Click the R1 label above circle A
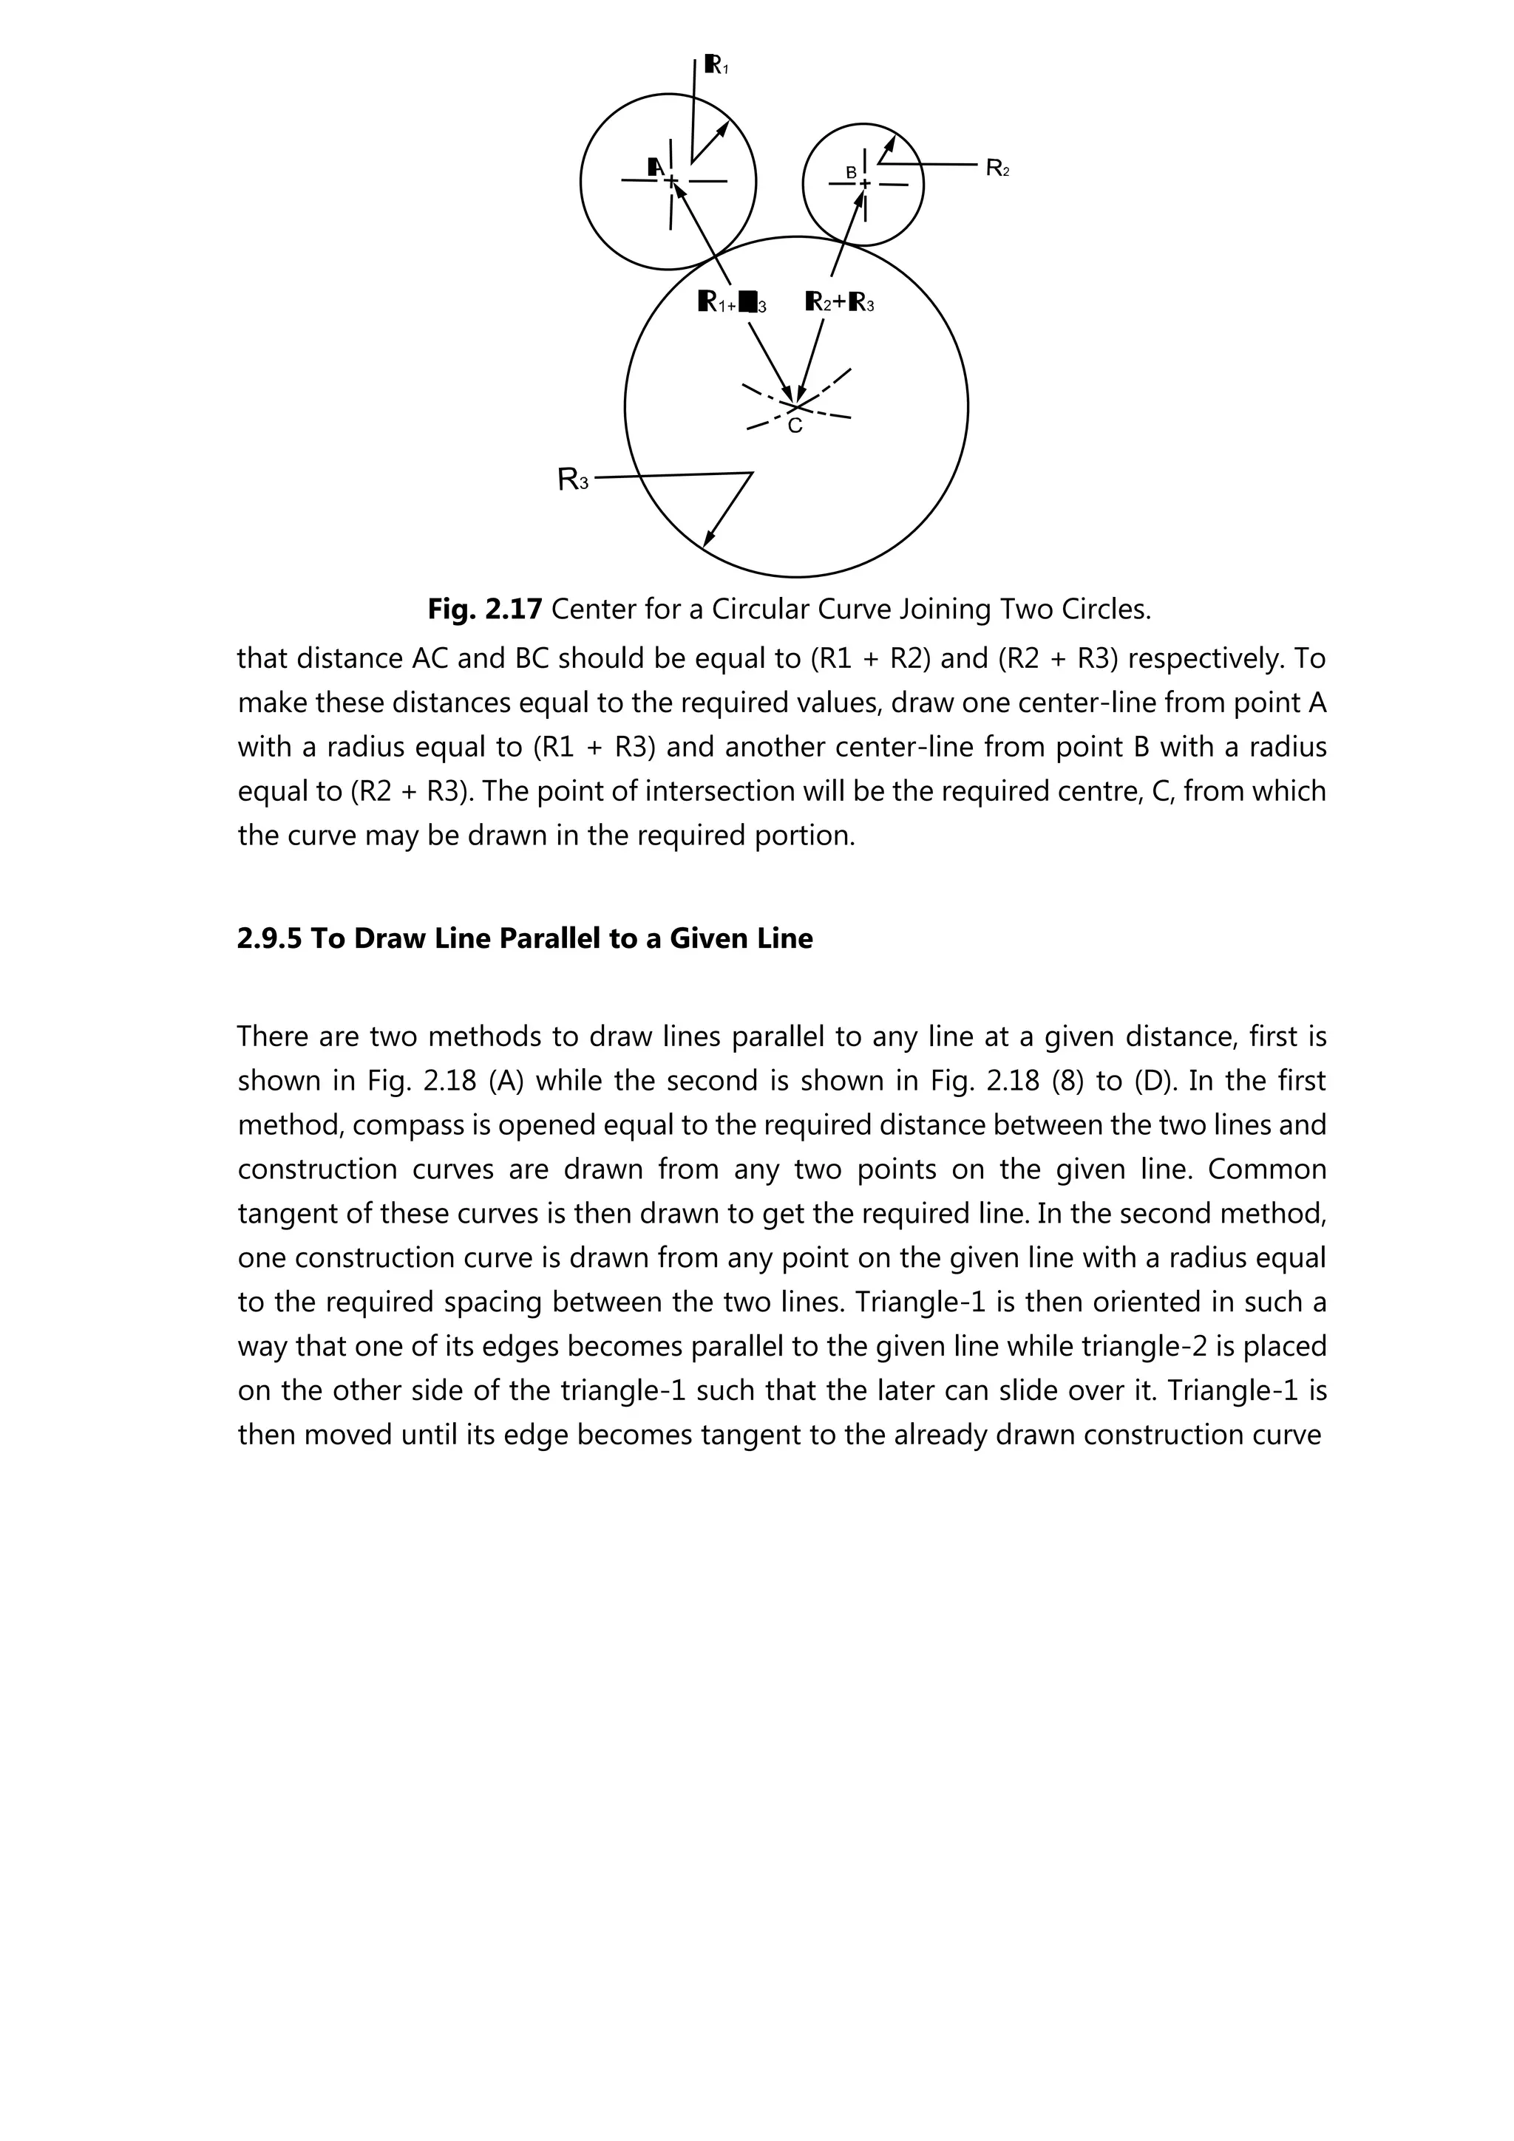716,64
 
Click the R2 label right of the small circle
997,168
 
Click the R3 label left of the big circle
573,479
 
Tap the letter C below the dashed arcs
795,427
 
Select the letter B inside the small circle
851,173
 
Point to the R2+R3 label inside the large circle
840,302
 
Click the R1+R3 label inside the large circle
733,303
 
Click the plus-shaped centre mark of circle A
671,180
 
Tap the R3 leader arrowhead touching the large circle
708,538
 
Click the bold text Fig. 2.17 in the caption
484,609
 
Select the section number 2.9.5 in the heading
270,938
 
